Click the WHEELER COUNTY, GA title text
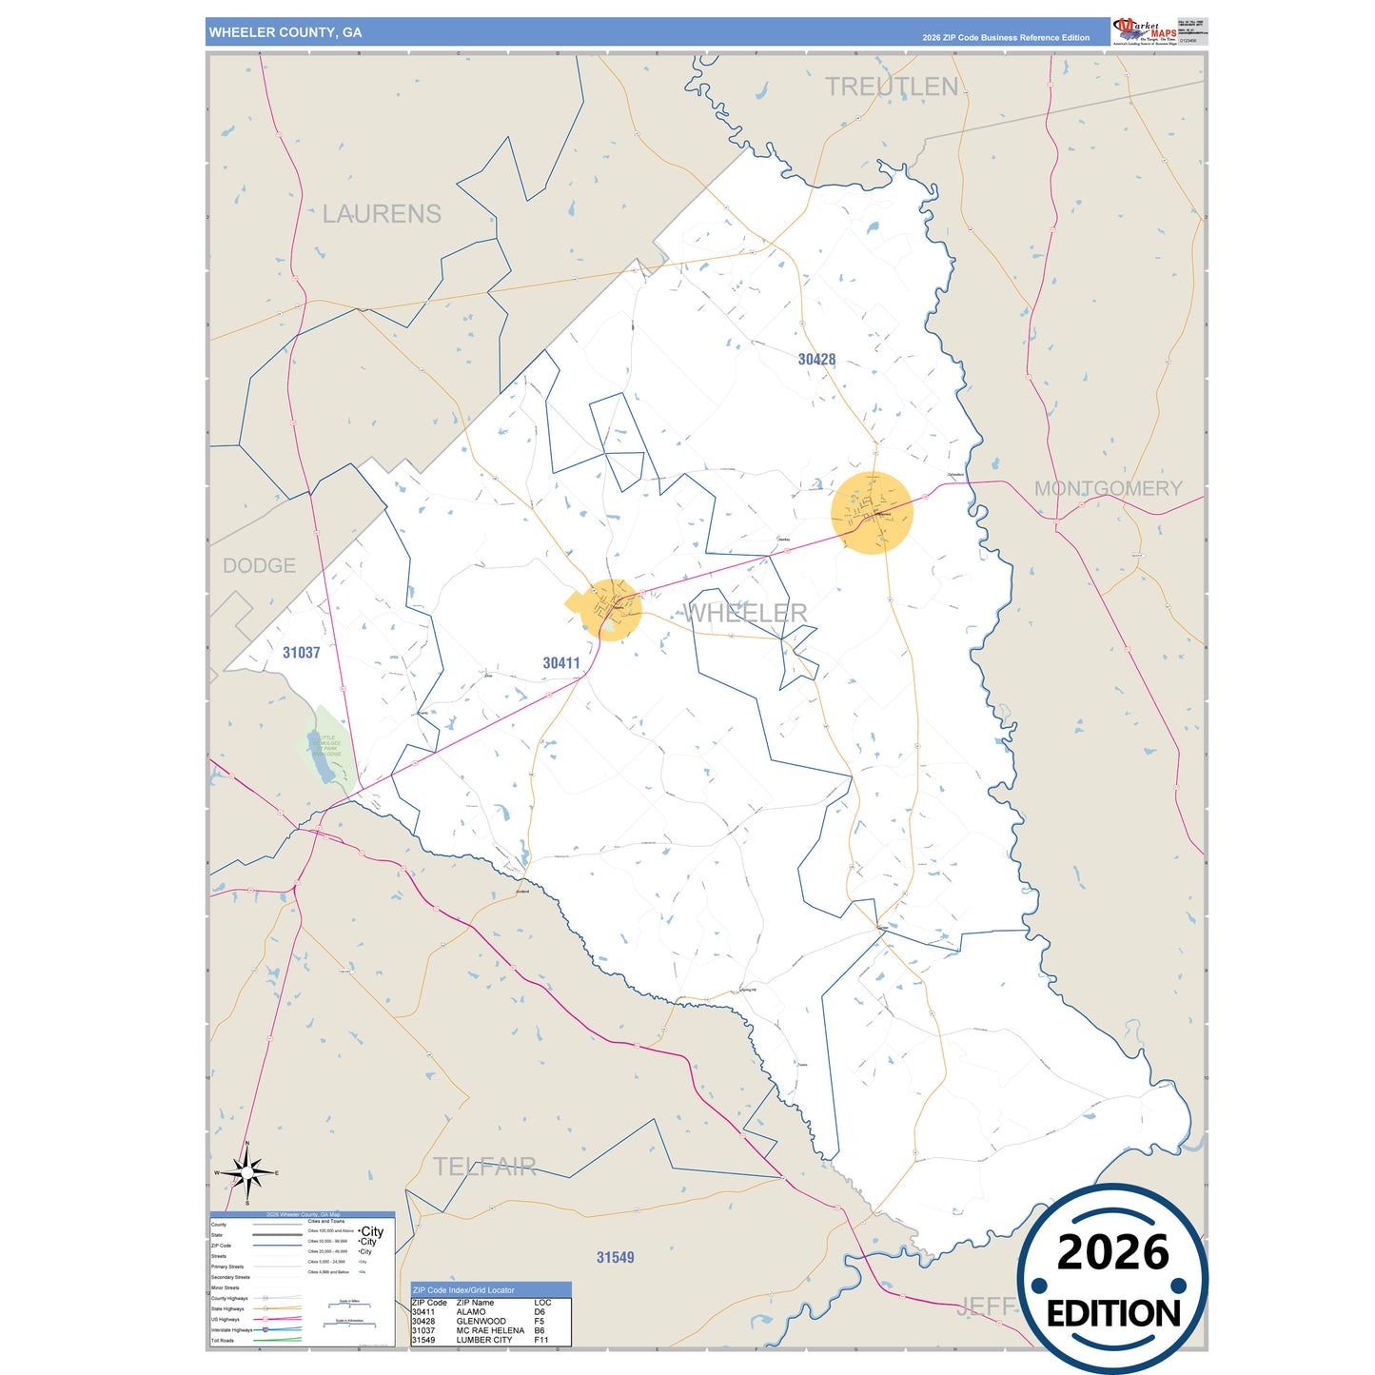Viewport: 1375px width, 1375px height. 285,32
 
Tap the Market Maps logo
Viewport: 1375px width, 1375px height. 1145,30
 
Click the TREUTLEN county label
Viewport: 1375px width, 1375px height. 892,87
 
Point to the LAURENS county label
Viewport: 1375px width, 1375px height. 382,214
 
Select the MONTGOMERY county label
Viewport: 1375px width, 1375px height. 1108,488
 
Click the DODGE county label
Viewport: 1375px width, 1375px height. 259,566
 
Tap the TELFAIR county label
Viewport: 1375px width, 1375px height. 484,1167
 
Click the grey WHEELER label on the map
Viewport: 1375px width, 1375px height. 746,613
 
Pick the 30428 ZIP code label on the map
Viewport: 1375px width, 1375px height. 816,360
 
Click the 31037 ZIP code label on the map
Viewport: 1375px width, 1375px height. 301,653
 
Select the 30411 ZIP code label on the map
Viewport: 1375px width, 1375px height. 560,663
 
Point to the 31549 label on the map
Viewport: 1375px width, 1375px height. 615,1258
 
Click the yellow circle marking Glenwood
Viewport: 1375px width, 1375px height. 872,512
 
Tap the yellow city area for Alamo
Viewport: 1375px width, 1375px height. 610,609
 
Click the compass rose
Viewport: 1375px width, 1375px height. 247,1172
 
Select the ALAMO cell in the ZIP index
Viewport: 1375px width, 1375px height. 471,1312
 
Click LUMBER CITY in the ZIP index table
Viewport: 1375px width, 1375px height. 484,1340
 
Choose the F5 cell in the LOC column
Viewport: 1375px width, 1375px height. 540,1322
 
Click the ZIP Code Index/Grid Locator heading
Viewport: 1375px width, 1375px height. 463,1290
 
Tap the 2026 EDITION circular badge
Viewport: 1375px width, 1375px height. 1112,1279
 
